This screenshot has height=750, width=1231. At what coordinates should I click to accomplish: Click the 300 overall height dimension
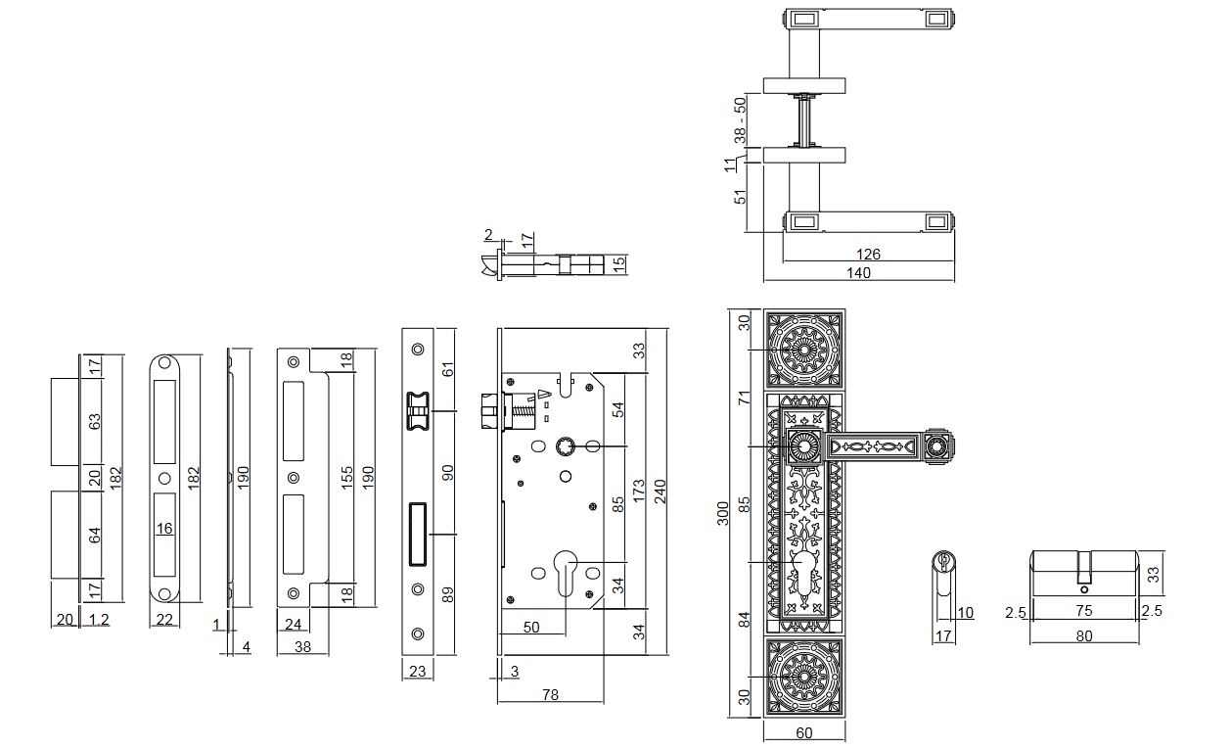723,513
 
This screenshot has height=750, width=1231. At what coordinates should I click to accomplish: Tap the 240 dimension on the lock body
660,491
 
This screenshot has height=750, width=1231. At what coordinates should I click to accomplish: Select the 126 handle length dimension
868,254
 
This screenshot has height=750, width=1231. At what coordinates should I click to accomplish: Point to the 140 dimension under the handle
858,273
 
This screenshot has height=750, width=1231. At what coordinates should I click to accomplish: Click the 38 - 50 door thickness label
740,120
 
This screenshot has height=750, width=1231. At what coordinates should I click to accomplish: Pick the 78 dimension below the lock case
550,695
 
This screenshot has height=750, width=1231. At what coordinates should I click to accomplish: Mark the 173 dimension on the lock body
638,491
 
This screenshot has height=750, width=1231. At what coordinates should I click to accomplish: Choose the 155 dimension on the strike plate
346,478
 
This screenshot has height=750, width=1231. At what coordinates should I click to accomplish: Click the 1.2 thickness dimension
99,620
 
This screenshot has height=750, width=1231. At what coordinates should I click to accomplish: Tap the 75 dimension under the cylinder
1083,610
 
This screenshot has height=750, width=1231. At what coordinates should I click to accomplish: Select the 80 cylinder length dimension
1083,636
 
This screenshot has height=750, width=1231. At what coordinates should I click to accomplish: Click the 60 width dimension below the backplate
804,733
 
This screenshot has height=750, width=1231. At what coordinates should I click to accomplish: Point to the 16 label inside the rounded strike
164,529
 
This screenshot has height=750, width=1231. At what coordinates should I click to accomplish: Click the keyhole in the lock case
566,574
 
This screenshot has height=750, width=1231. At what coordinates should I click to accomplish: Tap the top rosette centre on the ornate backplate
804,350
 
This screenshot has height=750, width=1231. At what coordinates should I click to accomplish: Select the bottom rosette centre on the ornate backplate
804,677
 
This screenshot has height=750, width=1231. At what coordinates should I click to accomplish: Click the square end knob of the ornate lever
937,445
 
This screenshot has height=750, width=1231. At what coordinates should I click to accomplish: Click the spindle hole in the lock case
566,445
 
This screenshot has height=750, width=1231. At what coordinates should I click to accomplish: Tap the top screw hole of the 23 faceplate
418,350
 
